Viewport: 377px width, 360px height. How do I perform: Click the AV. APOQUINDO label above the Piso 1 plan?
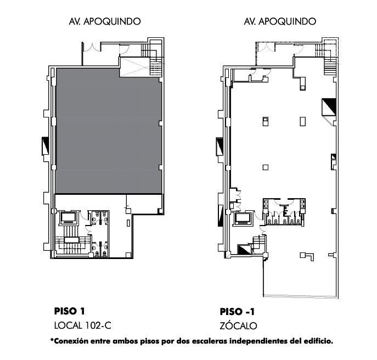point(105,21)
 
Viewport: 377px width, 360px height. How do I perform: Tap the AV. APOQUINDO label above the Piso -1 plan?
point(280,21)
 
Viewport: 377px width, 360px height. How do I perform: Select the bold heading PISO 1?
point(70,311)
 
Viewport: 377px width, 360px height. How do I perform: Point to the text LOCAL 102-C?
point(83,325)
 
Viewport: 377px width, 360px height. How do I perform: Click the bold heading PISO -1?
point(237,312)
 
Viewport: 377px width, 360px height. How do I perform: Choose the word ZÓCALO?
point(238,325)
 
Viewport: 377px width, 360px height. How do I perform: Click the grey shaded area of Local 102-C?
point(109,131)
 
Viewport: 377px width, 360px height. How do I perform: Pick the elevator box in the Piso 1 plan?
point(69,218)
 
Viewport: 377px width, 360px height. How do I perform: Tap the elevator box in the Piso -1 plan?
point(243,218)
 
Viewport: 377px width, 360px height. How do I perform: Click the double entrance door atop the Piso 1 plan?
point(92,48)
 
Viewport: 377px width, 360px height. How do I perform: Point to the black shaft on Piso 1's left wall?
point(45,146)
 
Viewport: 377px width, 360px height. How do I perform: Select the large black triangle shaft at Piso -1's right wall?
point(329,107)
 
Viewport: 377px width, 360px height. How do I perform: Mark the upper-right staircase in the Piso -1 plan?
point(329,66)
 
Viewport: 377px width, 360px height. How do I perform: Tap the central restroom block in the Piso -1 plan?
point(284,212)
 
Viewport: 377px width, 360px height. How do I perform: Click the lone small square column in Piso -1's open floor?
point(266,167)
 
